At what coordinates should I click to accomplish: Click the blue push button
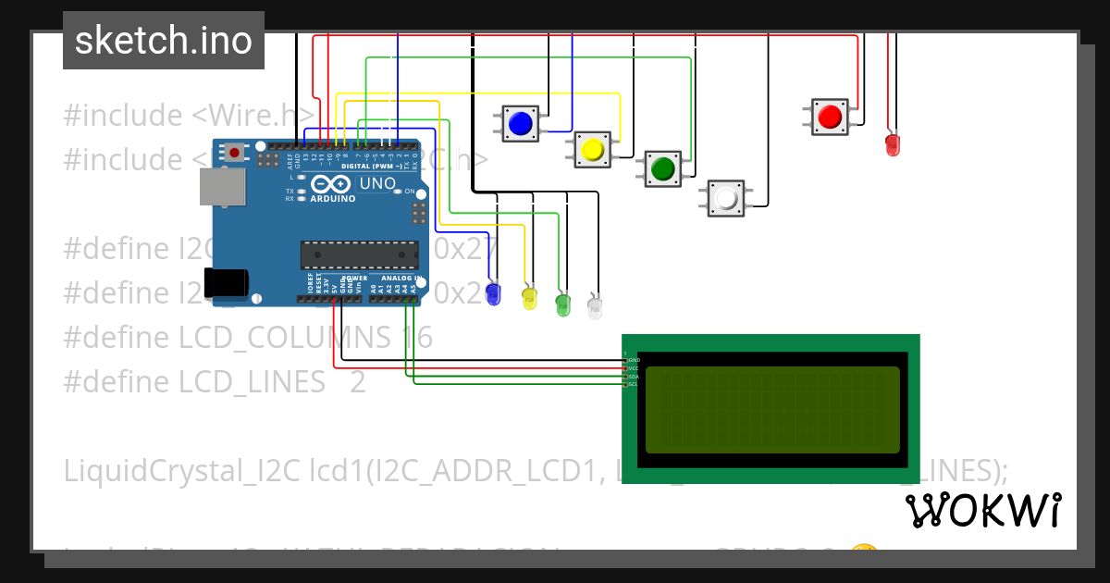tap(521, 123)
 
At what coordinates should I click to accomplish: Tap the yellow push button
tap(592, 149)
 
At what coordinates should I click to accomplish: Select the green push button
tap(662, 168)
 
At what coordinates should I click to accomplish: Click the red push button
tap(829, 117)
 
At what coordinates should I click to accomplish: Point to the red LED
tap(892, 144)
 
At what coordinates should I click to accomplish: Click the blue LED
tap(493, 294)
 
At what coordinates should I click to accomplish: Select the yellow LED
tap(529, 298)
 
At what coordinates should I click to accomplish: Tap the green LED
tap(562, 304)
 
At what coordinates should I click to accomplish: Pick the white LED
tap(595, 308)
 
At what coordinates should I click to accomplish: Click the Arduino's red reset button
tap(235, 152)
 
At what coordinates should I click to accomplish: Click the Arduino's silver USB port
tap(222, 187)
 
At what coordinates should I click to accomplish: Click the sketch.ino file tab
tap(164, 41)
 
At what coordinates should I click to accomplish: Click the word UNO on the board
tap(376, 183)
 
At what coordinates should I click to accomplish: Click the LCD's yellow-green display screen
tap(771, 409)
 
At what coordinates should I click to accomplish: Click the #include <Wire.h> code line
tap(189, 117)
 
